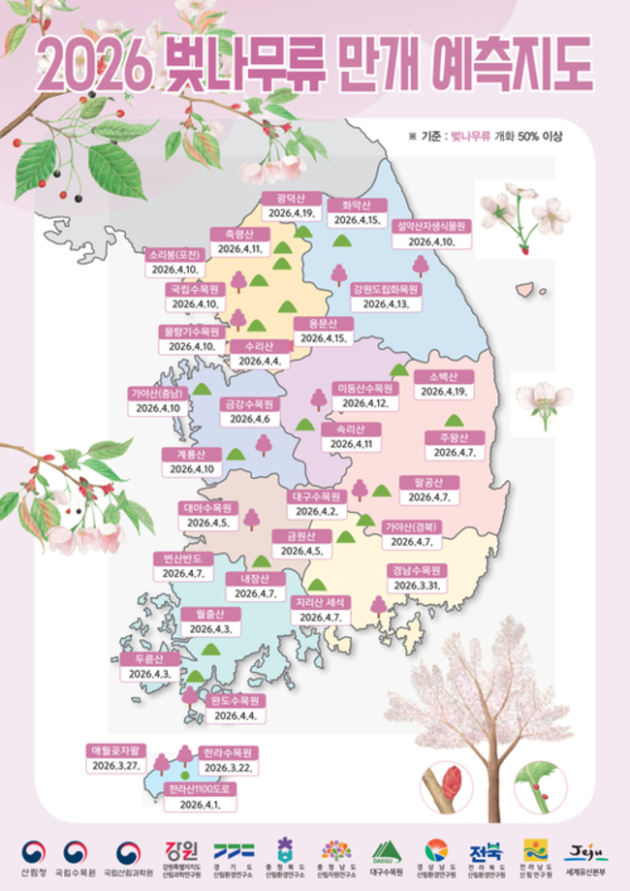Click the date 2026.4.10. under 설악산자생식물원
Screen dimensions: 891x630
pos(431,241)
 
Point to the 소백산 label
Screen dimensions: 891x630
pos(445,377)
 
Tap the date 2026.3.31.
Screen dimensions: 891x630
pos(417,586)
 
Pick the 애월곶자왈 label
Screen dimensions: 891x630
pos(117,749)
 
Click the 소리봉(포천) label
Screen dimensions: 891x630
pos(174,255)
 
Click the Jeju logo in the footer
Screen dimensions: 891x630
pos(585,852)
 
